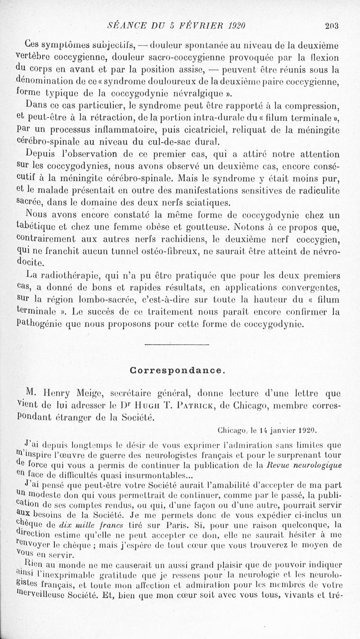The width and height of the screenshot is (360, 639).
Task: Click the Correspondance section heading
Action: click(177, 370)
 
